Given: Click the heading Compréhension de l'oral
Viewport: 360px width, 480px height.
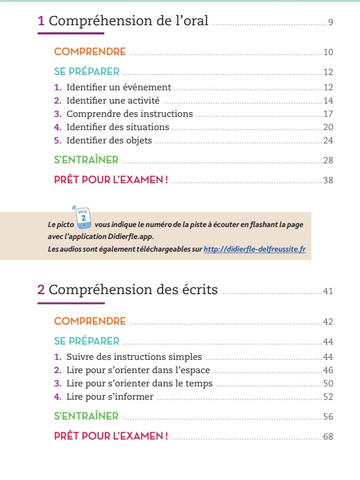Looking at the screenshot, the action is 129,22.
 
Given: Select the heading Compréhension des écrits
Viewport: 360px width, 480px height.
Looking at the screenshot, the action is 137,289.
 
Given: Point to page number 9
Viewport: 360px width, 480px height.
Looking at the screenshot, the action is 330,24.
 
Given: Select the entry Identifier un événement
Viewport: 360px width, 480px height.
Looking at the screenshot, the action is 118,87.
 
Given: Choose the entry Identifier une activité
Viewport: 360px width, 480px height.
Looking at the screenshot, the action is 114,100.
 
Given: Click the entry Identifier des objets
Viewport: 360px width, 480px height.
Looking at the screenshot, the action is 109,140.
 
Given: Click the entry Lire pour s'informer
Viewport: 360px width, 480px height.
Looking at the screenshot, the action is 110,396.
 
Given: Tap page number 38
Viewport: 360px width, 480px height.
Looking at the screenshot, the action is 327,181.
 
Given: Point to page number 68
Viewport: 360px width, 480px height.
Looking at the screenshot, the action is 327,437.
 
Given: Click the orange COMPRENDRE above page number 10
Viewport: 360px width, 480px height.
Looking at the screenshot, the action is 90,51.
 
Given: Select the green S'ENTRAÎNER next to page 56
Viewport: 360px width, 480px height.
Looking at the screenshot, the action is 86,416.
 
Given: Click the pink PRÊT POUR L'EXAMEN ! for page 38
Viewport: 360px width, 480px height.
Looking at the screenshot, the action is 110,180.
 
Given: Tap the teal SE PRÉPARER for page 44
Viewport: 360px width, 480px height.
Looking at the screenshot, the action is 86,341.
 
